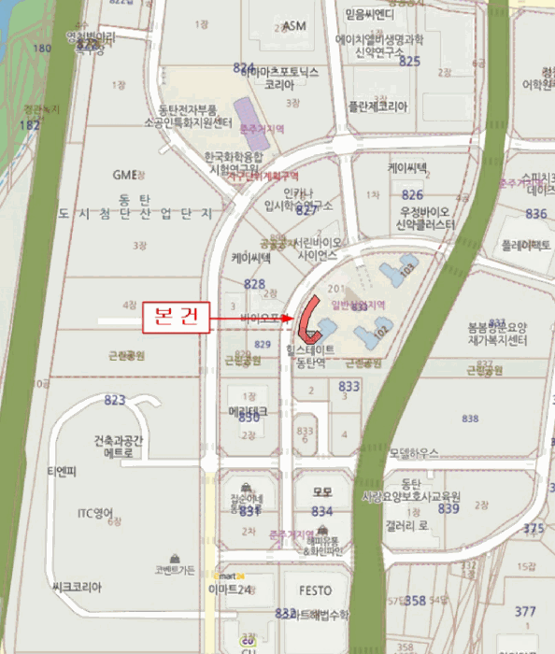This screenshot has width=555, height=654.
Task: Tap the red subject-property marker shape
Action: click(x=309, y=318)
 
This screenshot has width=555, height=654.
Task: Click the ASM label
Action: click(x=294, y=25)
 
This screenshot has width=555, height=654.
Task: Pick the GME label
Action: click(x=124, y=174)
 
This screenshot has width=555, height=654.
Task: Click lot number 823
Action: click(x=114, y=400)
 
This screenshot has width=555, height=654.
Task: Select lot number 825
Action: click(x=409, y=61)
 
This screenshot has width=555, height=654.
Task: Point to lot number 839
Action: click(x=448, y=509)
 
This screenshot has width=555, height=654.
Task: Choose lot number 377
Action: click(x=525, y=612)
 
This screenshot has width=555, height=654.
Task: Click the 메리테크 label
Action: click(x=248, y=411)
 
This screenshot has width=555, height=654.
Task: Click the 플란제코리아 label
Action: click(x=377, y=107)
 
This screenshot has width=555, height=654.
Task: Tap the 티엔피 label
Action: click(x=63, y=471)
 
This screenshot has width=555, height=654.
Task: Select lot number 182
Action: click(x=29, y=123)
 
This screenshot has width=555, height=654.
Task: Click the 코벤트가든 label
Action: click(x=176, y=570)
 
